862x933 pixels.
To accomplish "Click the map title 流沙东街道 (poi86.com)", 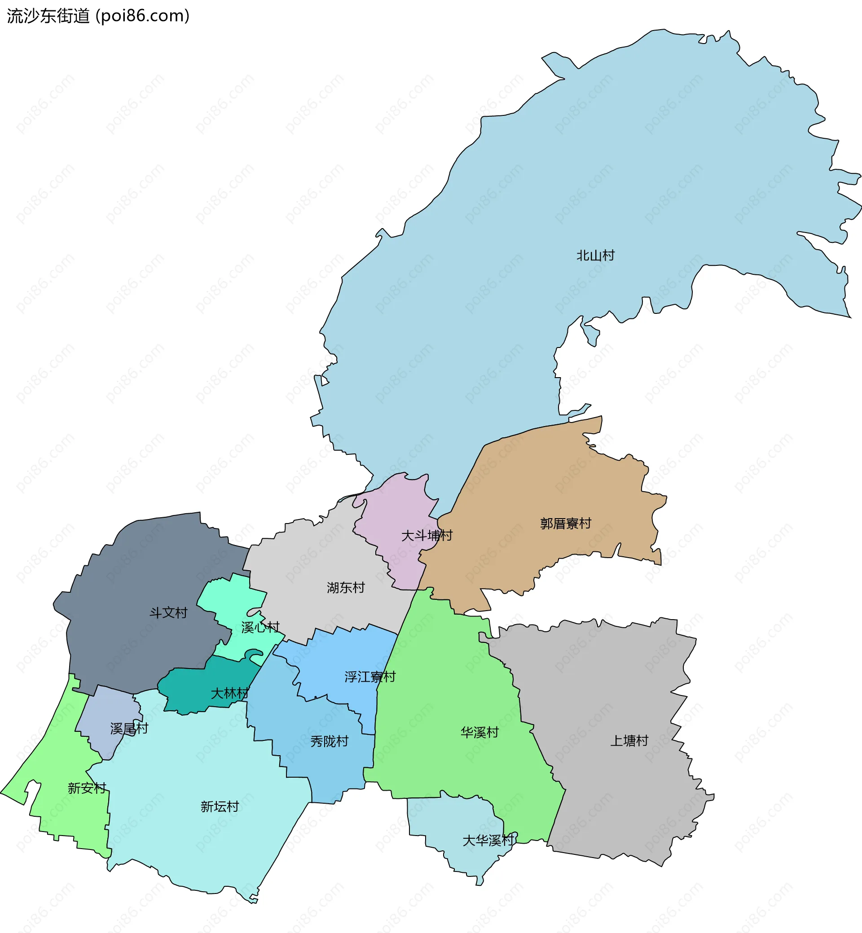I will pyautogui.click(x=98, y=16).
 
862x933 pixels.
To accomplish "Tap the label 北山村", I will pyautogui.click(x=595, y=255).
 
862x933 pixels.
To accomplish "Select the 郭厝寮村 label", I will pyautogui.click(x=565, y=524).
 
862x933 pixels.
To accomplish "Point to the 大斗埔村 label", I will pyautogui.click(x=427, y=536).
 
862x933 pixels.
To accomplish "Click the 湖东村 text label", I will pyautogui.click(x=346, y=588).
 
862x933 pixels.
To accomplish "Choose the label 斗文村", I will pyautogui.click(x=168, y=613).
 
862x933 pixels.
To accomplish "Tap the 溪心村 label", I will pyautogui.click(x=260, y=627).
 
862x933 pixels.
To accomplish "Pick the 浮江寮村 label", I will pyautogui.click(x=370, y=677).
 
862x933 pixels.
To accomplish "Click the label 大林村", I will pyautogui.click(x=229, y=693).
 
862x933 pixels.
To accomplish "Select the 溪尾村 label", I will pyautogui.click(x=129, y=729).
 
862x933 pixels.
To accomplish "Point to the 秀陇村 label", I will pyautogui.click(x=330, y=741).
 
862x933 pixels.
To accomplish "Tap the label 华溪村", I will pyautogui.click(x=479, y=732).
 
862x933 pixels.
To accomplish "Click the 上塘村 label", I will pyautogui.click(x=629, y=741).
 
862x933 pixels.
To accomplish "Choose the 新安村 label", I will pyautogui.click(x=87, y=788).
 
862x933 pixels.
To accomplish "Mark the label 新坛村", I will pyautogui.click(x=220, y=806).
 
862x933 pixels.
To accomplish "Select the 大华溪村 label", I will pyautogui.click(x=488, y=841).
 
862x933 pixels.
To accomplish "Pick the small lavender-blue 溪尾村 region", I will pyautogui.click(x=105, y=709).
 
